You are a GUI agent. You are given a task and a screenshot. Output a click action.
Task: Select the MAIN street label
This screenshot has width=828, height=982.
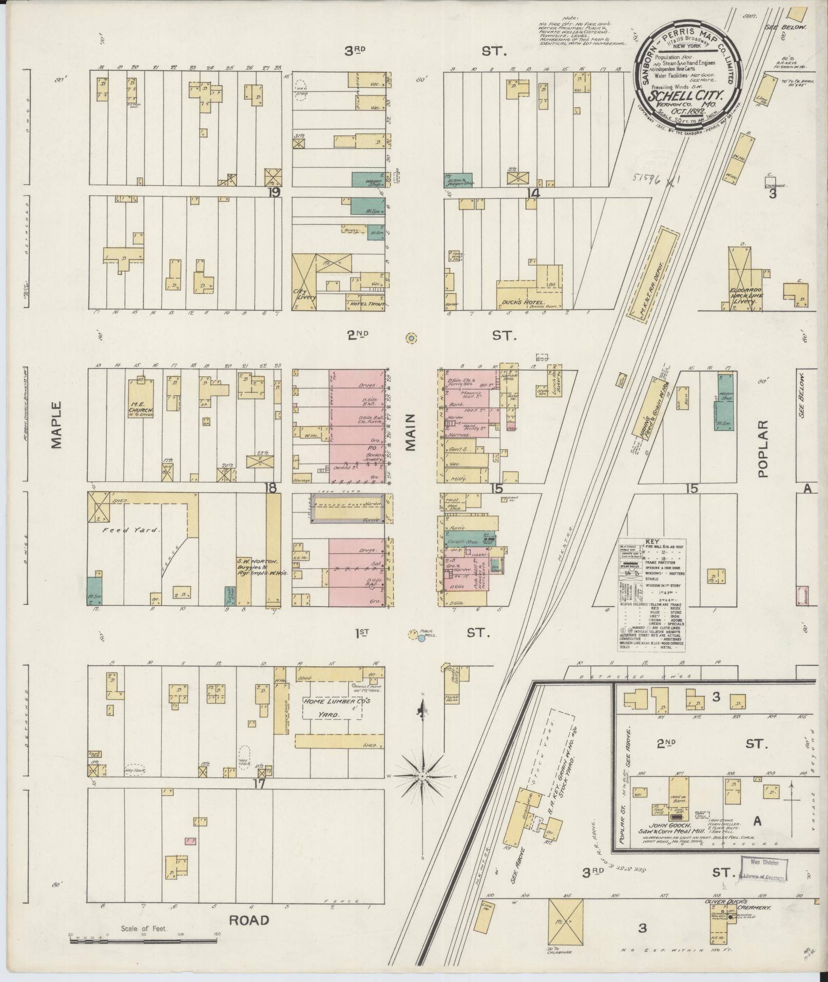tap(411, 432)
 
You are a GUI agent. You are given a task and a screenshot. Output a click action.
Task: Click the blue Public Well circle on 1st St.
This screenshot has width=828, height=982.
tap(421, 638)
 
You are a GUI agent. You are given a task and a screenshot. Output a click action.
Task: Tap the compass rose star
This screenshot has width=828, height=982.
tap(422, 777)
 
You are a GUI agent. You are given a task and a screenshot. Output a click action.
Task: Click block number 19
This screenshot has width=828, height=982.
tap(273, 192)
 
